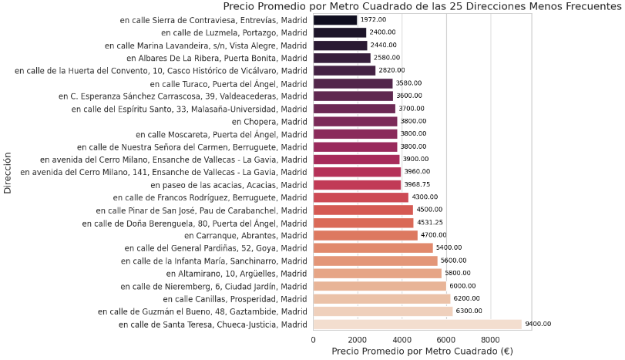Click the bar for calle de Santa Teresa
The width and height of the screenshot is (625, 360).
(x=417, y=325)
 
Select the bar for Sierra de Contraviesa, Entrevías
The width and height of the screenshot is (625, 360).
(x=335, y=20)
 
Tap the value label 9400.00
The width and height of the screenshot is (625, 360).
(x=538, y=325)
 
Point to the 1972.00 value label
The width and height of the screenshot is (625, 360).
(x=373, y=20)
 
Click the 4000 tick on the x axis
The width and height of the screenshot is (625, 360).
(x=402, y=339)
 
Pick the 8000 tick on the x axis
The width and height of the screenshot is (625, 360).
(x=490, y=339)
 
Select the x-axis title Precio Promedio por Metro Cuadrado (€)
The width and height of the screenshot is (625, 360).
(x=422, y=352)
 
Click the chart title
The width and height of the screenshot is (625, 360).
(x=422, y=7)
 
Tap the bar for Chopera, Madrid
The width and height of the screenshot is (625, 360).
(x=355, y=122)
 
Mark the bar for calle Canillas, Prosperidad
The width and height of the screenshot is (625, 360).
(x=381, y=299)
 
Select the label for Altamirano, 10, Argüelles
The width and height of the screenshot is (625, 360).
(x=237, y=274)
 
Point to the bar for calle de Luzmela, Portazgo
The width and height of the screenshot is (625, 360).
(x=340, y=33)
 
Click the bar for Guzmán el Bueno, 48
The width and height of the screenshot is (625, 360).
(x=383, y=311)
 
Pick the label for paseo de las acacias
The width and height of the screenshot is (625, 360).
(x=230, y=185)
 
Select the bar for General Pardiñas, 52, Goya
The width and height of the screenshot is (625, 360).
(x=373, y=248)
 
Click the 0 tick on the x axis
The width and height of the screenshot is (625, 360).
(x=314, y=339)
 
